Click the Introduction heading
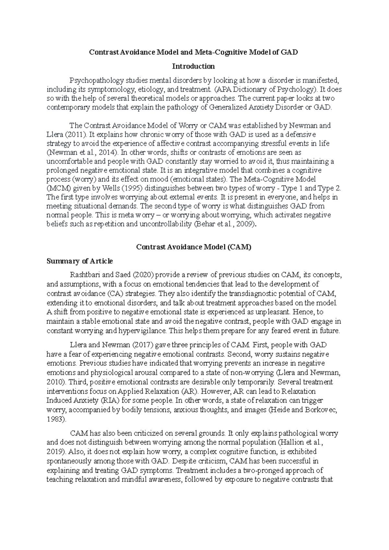(193, 66)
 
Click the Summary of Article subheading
(79, 261)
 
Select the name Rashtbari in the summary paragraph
(85, 275)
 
